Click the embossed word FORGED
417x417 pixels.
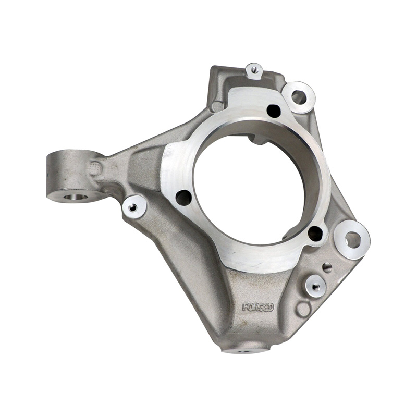257,308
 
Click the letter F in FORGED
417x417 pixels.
245,307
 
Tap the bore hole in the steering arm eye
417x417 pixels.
76,198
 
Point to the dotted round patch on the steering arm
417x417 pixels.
95,168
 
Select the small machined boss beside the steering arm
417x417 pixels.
134,206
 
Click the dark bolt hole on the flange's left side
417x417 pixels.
183,198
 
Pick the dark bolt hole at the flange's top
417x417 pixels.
273,111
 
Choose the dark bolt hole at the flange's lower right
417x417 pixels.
315,233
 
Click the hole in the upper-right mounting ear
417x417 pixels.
298,97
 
